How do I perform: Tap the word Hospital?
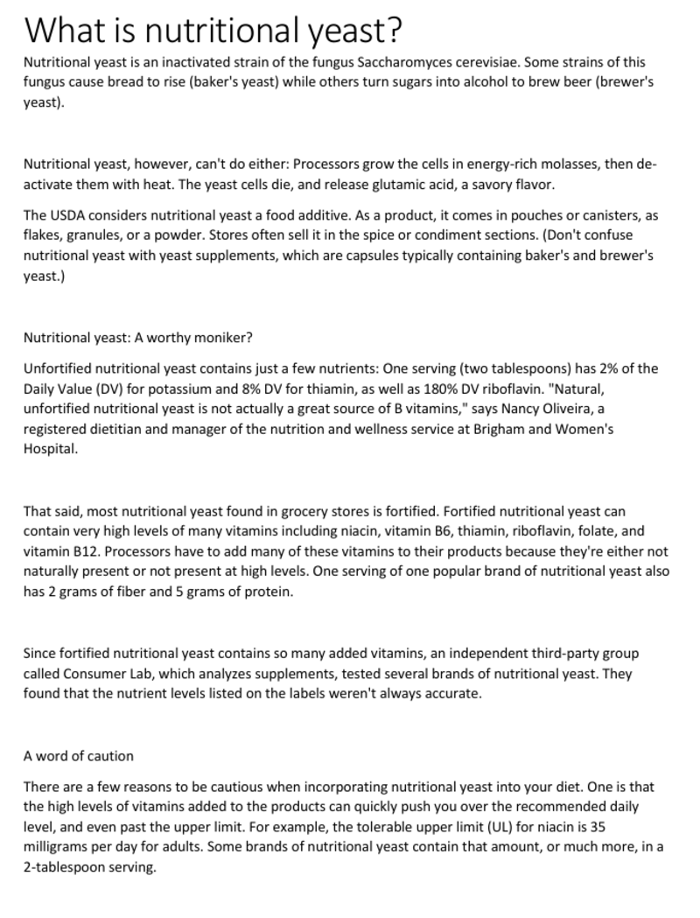[x=51, y=449]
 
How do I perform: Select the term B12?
[x=85, y=551]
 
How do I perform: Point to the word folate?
[x=596, y=530]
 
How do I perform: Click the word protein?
[x=269, y=592]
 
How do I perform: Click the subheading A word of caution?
[x=79, y=755]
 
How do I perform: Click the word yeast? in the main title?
[x=354, y=31]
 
